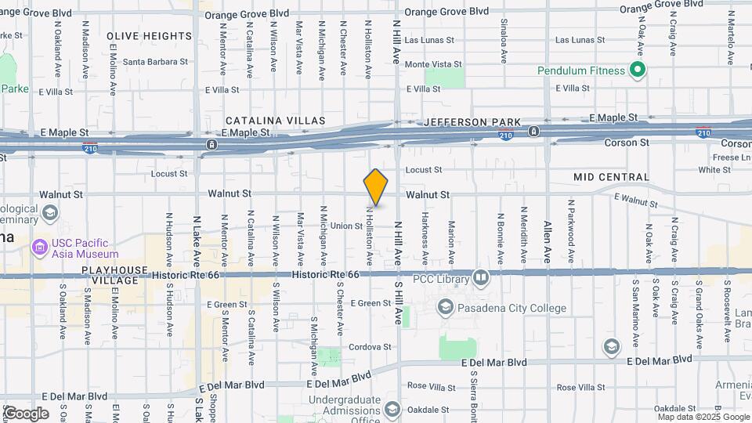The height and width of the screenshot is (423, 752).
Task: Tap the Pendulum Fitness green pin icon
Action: coord(638,70)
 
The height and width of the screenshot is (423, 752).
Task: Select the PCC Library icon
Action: coord(480,277)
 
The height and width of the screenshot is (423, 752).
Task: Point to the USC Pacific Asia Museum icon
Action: coord(38,248)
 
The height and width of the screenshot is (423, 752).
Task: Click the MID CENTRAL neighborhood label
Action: coord(611,178)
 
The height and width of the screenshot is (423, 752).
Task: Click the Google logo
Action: coord(25,413)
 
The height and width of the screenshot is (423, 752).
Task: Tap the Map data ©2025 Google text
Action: coord(702,417)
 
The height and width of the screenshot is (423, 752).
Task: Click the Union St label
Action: coord(346,226)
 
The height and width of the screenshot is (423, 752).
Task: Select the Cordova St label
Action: coord(371,346)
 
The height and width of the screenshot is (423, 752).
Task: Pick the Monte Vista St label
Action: coord(433,64)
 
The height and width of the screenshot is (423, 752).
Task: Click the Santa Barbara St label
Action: coord(154,62)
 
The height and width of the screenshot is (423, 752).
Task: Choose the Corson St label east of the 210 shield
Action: coord(627,143)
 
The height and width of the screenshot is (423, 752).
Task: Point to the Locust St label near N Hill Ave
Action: coord(424,169)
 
